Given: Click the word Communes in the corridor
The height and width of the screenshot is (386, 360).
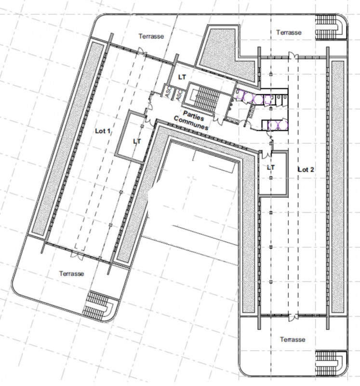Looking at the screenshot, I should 191,123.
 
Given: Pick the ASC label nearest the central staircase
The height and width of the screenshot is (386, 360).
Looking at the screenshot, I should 178,96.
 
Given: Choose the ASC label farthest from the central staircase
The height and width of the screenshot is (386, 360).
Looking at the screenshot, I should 168,93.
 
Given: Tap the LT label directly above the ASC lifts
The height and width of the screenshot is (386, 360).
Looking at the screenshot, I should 182,76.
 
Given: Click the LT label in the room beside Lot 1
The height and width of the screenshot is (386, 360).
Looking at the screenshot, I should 137,141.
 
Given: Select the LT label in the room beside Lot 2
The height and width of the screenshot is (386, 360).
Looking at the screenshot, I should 270,167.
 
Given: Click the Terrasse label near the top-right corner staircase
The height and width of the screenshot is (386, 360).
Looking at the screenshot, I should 289,32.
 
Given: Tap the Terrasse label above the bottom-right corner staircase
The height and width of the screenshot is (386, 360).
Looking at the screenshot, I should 293,339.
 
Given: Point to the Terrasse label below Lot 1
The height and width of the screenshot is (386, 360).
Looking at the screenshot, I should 71,273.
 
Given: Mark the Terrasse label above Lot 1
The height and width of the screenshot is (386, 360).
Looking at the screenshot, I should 151,36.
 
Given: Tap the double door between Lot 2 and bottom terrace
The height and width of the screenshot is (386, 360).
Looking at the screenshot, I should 293,317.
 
